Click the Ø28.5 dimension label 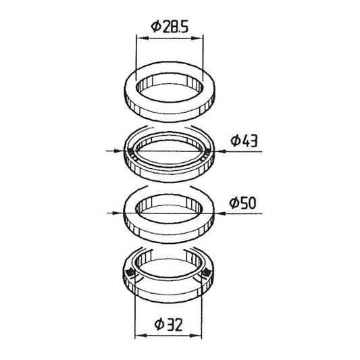tap(170, 26)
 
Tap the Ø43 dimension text tap(244, 140)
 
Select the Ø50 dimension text tap(242, 203)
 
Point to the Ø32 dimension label tap(169, 324)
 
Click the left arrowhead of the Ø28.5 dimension tap(143, 38)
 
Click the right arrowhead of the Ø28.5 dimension tap(197, 38)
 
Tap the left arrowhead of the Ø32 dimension tap(140, 336)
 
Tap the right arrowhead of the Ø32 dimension tap(196, 336)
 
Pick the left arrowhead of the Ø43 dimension tap(118, 151)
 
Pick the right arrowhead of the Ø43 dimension tap(220, 151)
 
